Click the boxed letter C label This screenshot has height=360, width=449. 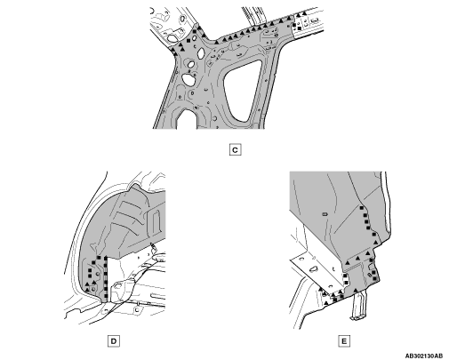click(235, 150)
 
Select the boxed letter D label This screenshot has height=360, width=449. click(114, 341)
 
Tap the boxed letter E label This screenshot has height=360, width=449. click(344, 341)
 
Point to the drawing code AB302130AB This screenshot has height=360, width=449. click(424, 356)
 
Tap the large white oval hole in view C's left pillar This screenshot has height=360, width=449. click(188, 79)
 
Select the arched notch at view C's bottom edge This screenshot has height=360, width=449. click(187, 118)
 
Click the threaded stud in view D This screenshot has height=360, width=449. click(153, 246)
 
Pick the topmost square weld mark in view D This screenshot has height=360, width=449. click(99, 258)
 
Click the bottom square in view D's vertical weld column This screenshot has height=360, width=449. click(106, 296)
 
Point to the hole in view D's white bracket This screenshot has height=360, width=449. click(118, 285)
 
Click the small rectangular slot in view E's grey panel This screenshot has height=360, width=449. click(325, 213)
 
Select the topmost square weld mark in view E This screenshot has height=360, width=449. click(362, 208)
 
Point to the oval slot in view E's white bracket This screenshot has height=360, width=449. click(314, 269)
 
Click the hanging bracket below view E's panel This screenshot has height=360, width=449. click(358, 305)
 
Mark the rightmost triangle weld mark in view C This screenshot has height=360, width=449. click(304, 13)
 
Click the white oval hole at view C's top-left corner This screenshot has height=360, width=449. click(172, 37)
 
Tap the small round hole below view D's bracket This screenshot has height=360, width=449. click(137, 309)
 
